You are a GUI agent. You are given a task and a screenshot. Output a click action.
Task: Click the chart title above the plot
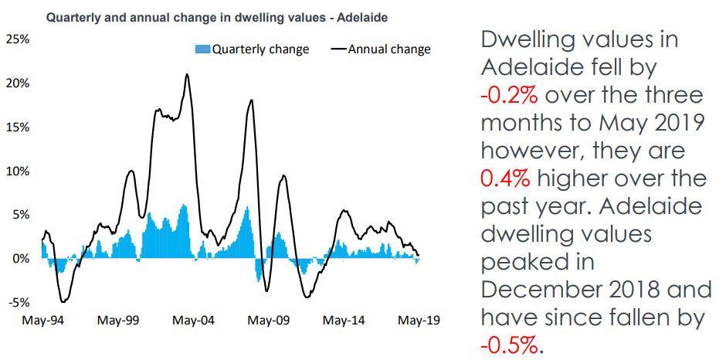[217, 15]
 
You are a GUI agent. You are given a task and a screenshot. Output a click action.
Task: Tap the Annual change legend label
[389, 49]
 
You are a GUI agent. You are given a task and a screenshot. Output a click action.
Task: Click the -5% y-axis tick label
[19, 302]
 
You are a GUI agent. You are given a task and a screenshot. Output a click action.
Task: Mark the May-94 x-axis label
[43, 320]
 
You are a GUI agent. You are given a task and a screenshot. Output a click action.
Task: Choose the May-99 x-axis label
[117, 320]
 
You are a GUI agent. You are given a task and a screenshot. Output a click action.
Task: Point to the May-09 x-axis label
[267, 320]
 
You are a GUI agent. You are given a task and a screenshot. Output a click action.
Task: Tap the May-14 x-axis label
[343, 320]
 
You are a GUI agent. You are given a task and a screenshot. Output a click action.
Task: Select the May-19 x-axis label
[419, 320]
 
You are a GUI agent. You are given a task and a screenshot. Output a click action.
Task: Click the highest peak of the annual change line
[187, 75]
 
